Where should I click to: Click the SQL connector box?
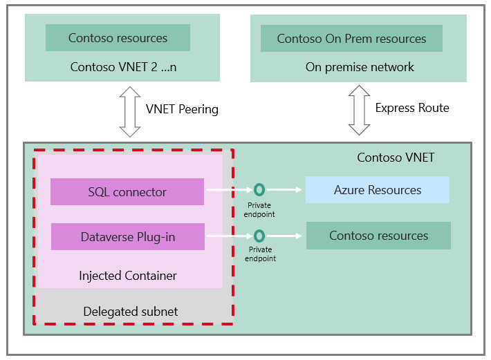tap(127, 192)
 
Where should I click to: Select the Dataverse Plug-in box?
tap(127, 237)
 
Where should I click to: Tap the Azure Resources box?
tap(377, 189)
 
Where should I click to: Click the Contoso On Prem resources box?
tap(351, 39)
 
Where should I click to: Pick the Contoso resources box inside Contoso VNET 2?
tap(118, 38)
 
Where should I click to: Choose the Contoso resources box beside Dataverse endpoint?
tap(378, 236)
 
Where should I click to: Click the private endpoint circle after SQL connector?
tap(259, 189)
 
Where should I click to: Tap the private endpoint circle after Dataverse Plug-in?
tap(259, 236)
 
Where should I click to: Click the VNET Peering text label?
tap(182, 109)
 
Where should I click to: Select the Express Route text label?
tap(412, 108)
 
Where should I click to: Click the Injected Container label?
tap(128, 276)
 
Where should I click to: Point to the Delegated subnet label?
tap(131, 312)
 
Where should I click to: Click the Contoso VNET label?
tap(396, 158)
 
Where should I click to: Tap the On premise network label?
tap(360, 67)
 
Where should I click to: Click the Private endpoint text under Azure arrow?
tap(259, 209)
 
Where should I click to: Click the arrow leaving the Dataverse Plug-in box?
tap(228, 236)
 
